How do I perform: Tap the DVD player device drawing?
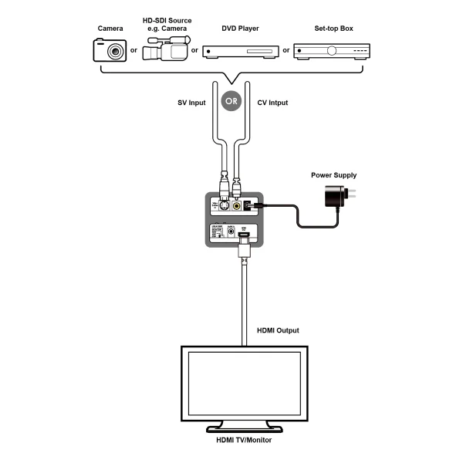(241, 51)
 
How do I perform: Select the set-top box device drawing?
(332, 51)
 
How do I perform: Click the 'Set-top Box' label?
(332, 29)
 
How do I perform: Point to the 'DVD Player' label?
(241, 29)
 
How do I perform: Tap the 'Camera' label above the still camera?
(110, 29)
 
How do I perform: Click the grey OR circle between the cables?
(231, 101)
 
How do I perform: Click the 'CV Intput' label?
(272, 102)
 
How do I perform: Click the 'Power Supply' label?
(333, 175)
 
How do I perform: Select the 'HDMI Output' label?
(278, 330)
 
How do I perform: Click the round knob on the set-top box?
(333, 51)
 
